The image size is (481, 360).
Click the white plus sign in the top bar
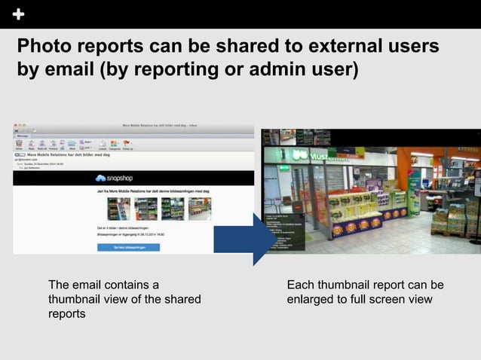(18, 14)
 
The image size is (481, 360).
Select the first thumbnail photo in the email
(118, 209)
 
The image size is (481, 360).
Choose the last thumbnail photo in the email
(199, 209)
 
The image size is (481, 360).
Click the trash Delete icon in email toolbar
(19, 143)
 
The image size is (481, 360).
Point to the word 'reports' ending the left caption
(67, 314)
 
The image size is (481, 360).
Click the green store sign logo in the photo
(299, 157)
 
